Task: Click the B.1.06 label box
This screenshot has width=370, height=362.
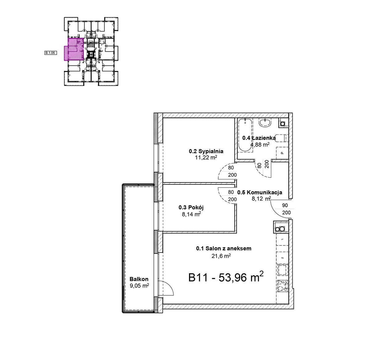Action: pos(51,53)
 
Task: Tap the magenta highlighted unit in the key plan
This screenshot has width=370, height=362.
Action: pos(74,50)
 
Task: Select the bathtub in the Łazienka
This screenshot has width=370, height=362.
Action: pos(245,135)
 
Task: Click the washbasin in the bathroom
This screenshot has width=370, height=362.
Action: pos(265,122)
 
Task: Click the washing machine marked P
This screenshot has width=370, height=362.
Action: pos(282,153)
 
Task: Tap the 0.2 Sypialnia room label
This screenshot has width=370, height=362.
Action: pos(206,151)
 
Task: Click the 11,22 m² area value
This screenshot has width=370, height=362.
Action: pos(206,158)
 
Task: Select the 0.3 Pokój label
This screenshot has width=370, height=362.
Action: pos(191,208)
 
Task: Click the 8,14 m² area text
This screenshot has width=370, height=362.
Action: pos(191,214)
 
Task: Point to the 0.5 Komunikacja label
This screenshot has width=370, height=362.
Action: pos(260,192)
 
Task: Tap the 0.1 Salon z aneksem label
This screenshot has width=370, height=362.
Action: pos(224,248)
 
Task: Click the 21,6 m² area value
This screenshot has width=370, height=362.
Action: pos(221,256)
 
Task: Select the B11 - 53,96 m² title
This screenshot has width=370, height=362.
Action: pos(226,277)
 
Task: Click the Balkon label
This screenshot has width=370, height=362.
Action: pos(139,279)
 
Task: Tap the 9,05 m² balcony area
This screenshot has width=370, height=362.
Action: pos(139,286)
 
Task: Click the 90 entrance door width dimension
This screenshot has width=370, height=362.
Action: pos(285,205)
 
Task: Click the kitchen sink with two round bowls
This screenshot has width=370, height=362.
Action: pos(280,229)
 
